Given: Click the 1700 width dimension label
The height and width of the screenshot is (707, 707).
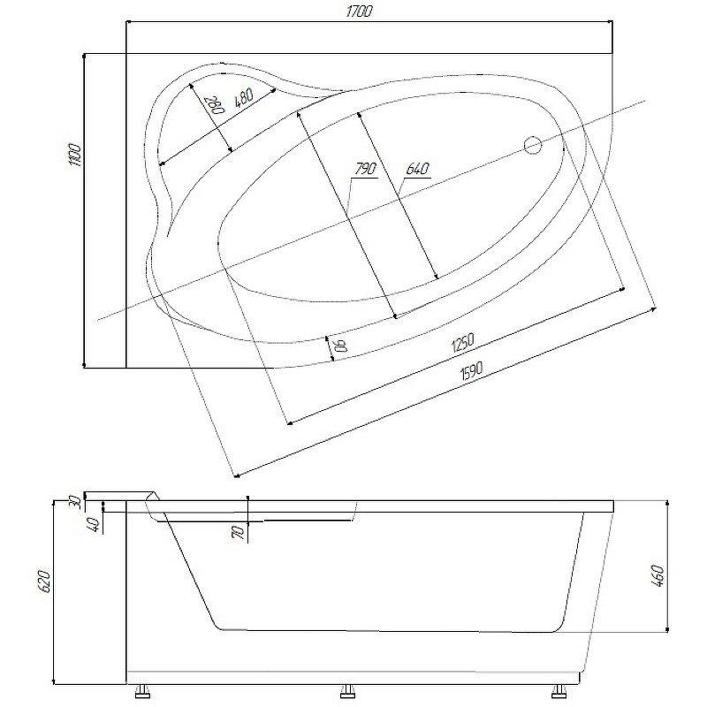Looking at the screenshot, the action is pos(360,11).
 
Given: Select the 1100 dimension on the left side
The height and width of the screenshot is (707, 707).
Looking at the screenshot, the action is pos(75,156).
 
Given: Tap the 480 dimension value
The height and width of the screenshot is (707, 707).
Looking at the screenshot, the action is pos(245,97).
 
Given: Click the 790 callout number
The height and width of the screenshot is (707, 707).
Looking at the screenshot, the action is pos(365,169).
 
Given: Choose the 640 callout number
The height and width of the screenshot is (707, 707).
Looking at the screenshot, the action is pos(417,169).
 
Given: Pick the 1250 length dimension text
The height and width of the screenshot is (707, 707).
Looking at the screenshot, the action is pos(461,343).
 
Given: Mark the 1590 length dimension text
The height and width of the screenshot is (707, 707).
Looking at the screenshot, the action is pos(471,370).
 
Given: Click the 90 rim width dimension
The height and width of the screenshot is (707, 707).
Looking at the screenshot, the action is pos(342,346).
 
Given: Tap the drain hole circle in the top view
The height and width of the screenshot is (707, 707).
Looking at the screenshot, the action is pos(533,145).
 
